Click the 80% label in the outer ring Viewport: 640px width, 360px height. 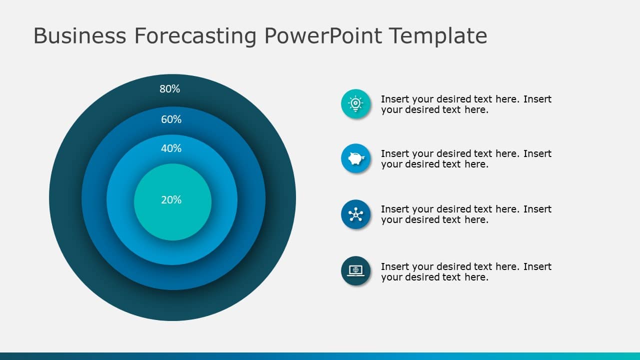tap(169, 89)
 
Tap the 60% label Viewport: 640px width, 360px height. tap(171, 119)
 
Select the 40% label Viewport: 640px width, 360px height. tap(171, 148)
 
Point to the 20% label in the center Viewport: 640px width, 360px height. tap(171, 200)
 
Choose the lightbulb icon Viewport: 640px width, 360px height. tap(355, 104)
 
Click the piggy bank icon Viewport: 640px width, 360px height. tap(355, 158)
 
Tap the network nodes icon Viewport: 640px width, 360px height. tap(355, 214)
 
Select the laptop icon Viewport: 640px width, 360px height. tap(355, 270)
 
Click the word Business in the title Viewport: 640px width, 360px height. tap(79, 36)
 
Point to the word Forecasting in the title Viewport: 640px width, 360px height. tap(195, 36)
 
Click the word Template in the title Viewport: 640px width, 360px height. tap(438, 36)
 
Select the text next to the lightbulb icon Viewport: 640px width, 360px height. tap(466, 104)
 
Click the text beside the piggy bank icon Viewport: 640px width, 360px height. tap(466, 159)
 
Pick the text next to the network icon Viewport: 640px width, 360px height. tap(466, 214)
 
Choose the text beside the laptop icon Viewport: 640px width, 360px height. tap(466, 272)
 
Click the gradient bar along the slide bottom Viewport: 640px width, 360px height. tap(320, 356)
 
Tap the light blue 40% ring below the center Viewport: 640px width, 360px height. tap(172, 252)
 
